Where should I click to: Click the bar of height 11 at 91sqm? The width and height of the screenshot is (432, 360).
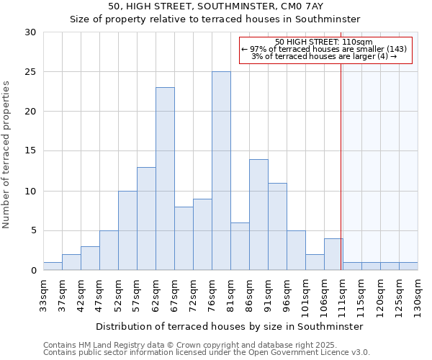click(277, 226)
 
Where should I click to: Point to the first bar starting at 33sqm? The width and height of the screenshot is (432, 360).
click(53, 266)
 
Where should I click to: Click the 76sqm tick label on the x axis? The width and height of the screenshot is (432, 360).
click(212, 294)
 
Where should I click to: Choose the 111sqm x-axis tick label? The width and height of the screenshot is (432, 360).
click(343, 294)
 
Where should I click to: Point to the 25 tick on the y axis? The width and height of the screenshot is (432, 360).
click(30, 72)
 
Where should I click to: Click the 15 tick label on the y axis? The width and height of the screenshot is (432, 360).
click(30, 151)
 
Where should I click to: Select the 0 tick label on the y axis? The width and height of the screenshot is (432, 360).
click(33, 271)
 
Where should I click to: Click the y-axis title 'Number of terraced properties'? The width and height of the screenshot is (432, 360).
click(7, 154)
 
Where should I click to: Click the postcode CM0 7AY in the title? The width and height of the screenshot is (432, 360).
click(296, 6)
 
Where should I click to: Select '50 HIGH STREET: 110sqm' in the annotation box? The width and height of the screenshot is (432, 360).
click(324, 42)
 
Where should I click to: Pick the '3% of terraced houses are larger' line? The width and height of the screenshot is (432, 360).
click(324, 56)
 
